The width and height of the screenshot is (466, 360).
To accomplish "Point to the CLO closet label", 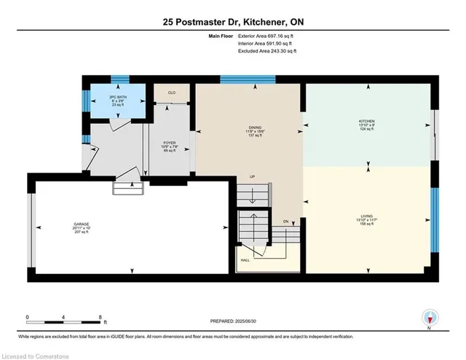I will point(172,93).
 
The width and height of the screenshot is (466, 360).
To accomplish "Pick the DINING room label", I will point(250,128).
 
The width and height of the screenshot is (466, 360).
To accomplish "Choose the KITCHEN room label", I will point(366,122).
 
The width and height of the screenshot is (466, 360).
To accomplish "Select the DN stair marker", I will point(286,220).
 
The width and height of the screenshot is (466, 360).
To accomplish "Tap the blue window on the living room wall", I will point(435,219).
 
